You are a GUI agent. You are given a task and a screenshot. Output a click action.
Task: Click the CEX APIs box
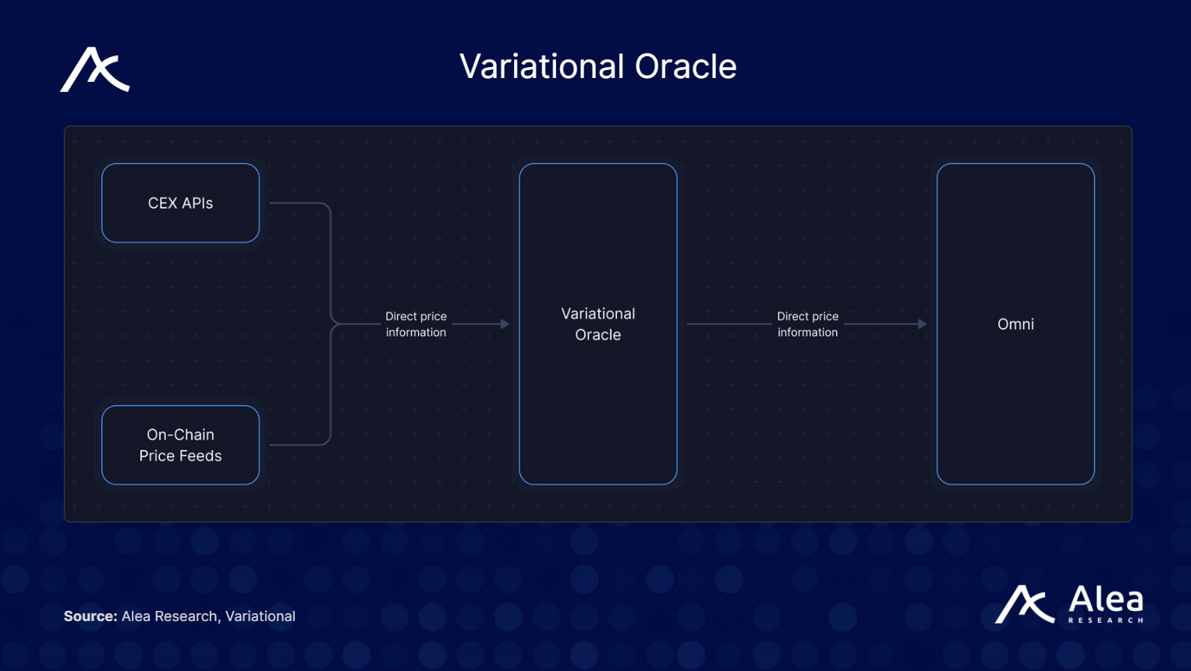point(180,203)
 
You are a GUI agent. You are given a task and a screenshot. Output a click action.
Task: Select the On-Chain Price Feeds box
point(180,445)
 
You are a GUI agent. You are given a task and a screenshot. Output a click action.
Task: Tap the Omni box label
point(1016,324)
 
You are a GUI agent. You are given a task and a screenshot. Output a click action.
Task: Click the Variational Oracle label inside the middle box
point(598,324)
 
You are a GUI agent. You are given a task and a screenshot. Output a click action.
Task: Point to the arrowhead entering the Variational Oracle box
point(505,324)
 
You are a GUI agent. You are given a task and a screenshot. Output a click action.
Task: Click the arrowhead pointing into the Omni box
point(923,324)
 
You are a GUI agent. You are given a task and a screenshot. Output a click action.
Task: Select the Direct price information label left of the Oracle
point(416,324)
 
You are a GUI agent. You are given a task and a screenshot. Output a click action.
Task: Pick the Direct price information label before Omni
point(807,324)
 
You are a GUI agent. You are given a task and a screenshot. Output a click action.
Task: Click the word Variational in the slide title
point(541,66)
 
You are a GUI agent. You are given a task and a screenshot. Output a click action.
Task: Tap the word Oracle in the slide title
point(686,66)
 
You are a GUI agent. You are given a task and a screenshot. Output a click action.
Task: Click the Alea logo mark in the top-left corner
point(95,70)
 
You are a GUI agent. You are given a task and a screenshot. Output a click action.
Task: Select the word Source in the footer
point(90,616)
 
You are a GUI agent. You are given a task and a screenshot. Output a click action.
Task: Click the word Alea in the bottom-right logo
point(1106,600)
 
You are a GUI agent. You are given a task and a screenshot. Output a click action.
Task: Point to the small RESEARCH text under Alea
point(1106,620)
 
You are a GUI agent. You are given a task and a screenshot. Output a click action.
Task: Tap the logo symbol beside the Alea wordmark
point(1024,605)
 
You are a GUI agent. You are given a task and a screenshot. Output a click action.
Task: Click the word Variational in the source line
point(261,616)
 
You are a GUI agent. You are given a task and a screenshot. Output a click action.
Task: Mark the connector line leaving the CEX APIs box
point(300,203)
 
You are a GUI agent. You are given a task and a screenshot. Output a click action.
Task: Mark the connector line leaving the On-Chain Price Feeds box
point(300,445)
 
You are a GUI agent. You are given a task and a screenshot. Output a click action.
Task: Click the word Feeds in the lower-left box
point(202,456)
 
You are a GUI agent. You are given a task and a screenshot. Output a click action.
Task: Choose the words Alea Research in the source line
point(169,616)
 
